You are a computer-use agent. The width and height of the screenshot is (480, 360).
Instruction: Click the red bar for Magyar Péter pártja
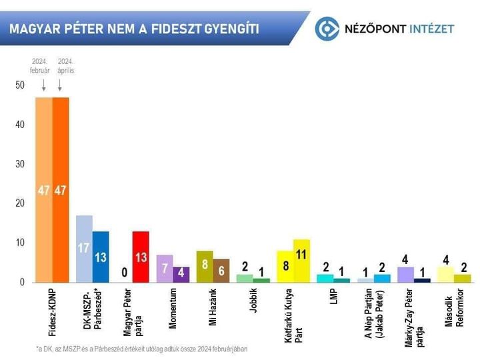point(140,257)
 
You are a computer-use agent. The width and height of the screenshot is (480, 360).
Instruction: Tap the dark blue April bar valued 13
point(101,257)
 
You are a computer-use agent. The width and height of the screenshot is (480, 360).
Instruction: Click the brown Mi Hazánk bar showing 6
point(221,271)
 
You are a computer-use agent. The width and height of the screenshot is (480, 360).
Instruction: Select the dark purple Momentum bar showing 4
point(181,275)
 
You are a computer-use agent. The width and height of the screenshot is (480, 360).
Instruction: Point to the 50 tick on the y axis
point(20,85)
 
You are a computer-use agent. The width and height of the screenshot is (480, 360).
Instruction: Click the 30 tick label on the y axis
point(20,164)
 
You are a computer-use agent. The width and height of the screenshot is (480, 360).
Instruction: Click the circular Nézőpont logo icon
point(327,29)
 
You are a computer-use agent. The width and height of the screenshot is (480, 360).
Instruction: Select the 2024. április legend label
point(65,65)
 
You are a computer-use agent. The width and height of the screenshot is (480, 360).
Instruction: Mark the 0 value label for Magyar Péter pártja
point(124,272)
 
